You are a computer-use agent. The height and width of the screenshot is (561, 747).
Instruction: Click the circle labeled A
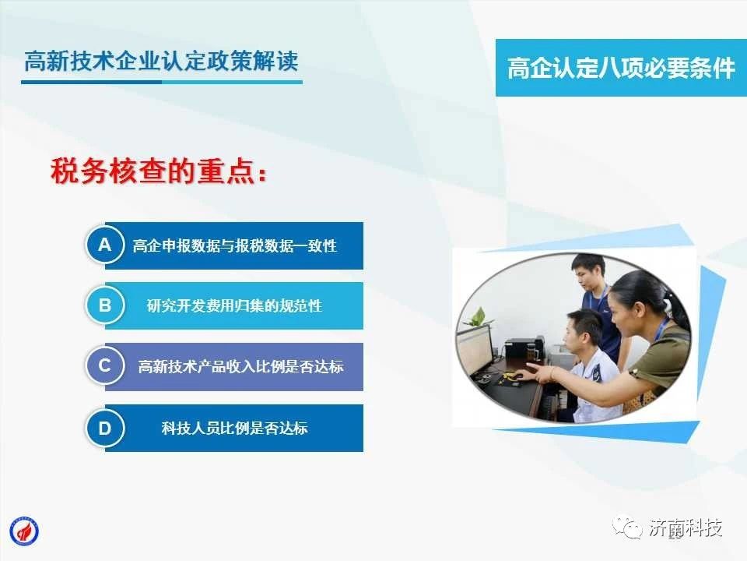click(105, 245)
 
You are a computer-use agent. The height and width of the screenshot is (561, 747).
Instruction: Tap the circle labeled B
click(105, 305)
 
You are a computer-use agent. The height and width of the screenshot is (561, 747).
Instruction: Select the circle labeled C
click(105, 366)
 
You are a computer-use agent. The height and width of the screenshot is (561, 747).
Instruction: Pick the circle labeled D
click(105, 428)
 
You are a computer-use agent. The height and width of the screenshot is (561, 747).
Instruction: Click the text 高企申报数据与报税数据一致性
click(234, 245)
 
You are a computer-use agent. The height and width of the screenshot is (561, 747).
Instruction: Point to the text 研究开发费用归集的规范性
click(234, 305)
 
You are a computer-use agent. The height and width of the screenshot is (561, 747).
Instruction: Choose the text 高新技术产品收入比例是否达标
click(240, 366)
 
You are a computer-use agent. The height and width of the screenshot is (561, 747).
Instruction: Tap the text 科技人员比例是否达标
click(234, 428)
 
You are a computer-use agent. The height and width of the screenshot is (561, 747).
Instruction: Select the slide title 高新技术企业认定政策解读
click(161, 61)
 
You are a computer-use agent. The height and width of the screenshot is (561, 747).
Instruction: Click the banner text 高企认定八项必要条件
click(621, 68)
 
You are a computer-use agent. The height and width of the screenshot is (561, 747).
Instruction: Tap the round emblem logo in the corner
click(24, 531)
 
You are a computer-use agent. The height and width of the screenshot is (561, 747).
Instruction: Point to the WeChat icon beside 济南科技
click(627, 527)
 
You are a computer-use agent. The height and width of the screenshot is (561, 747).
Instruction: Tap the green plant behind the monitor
click(476, 317)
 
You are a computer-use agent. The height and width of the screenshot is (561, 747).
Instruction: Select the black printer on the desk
click(524, 348)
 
